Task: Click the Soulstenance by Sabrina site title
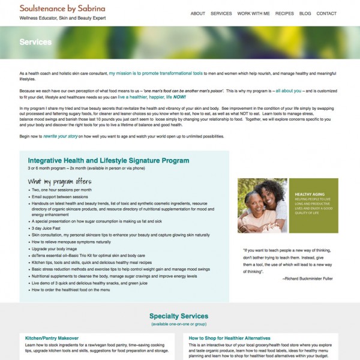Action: [62, 8]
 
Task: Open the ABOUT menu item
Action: [197, 13]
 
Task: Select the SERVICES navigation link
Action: [221, 13]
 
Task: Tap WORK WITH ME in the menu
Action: [253, 13]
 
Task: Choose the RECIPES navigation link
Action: [284, 13]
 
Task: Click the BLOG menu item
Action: [305, 13]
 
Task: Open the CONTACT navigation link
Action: [326, 13]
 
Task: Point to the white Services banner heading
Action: [35, 42]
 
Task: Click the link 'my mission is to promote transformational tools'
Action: [155, 73]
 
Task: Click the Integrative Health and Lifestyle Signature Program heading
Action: [108, 161]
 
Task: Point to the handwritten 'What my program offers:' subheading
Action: [60, 181]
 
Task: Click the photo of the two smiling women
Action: [262, 206]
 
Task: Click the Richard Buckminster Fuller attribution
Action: [308, 278]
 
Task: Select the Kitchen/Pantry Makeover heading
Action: [53, 338]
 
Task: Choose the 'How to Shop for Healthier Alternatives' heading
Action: [229, 338]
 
